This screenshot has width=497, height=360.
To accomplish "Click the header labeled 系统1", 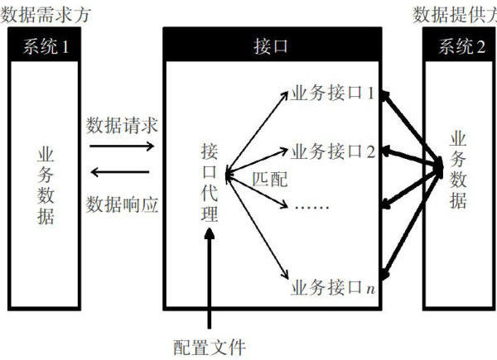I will pos(46,46).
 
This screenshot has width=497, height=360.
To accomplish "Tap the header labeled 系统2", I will pos(458,46).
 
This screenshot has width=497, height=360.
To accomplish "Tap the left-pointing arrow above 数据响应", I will pos(121,172).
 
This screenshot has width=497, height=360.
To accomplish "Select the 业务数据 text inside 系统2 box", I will pos(458,170).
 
